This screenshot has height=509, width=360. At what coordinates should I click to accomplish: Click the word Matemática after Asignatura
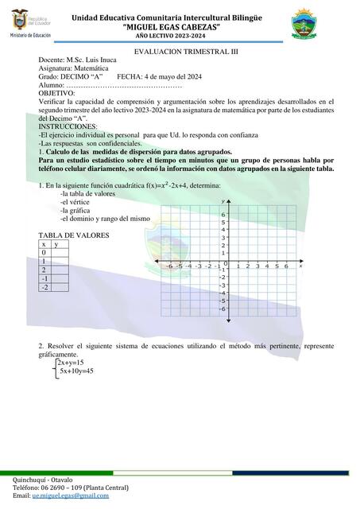click(98, 68)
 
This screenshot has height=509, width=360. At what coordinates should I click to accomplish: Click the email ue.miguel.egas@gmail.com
click(70, 495)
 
